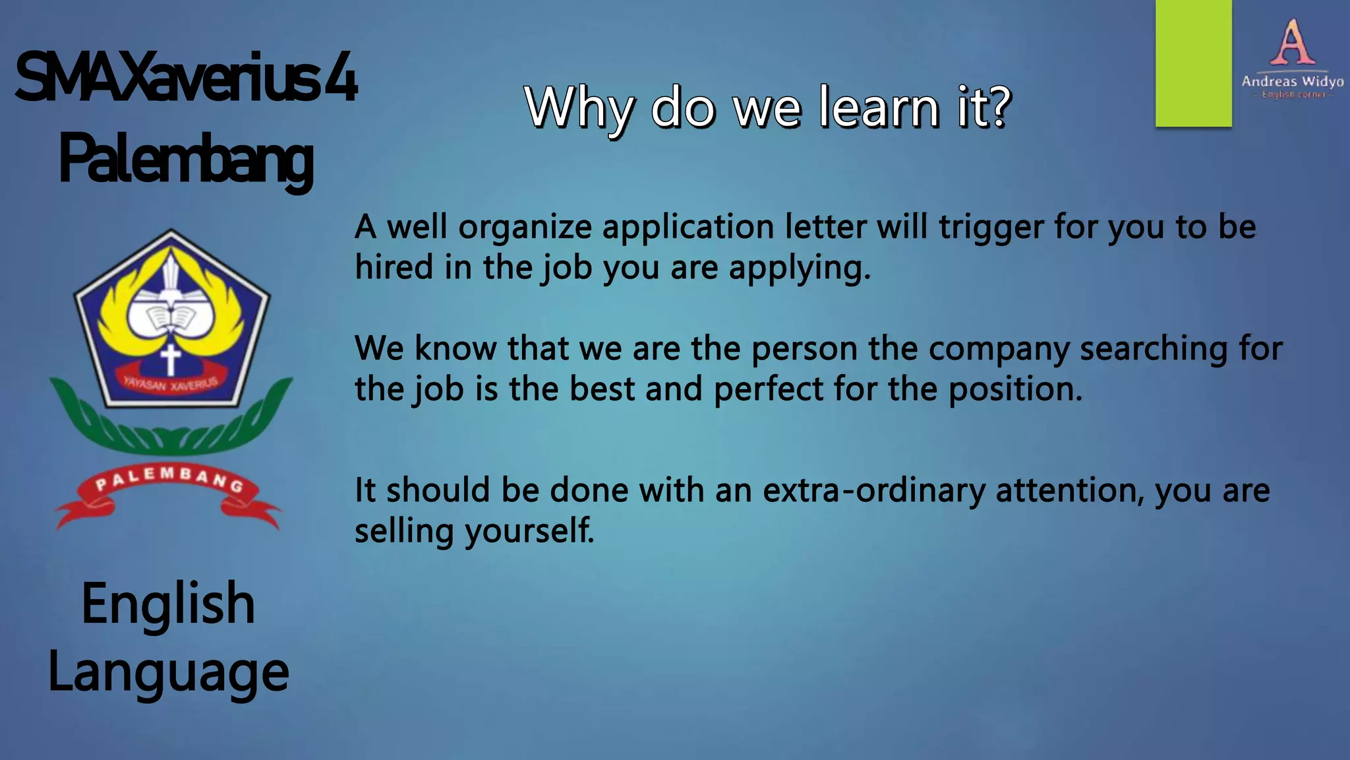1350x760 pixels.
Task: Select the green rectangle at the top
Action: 1193,63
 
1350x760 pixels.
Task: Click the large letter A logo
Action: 1292,42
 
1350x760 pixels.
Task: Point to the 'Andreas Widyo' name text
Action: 1292,81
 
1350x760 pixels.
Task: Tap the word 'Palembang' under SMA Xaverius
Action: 186,158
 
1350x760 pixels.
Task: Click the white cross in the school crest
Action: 171,360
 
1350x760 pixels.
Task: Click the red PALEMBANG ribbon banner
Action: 169,488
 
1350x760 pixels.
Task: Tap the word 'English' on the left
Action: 168,604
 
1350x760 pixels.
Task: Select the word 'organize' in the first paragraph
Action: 525,228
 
